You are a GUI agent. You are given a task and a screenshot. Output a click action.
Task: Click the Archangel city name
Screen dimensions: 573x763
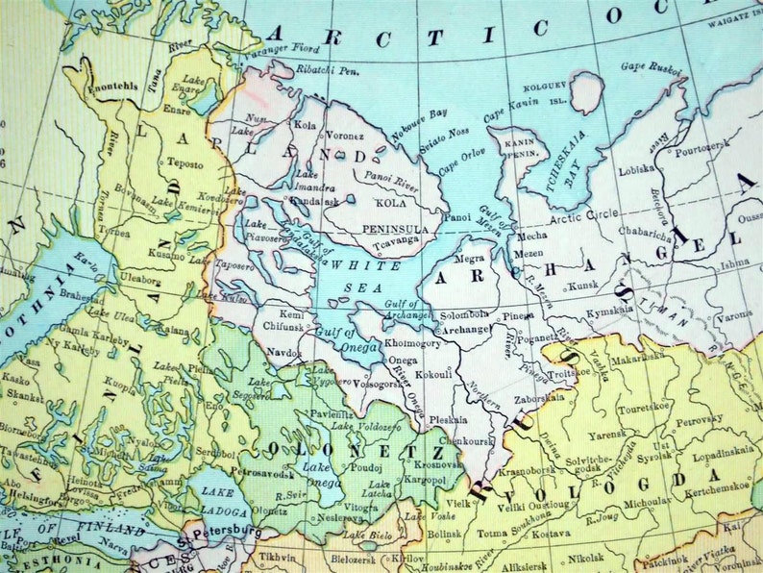click(466, 329)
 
